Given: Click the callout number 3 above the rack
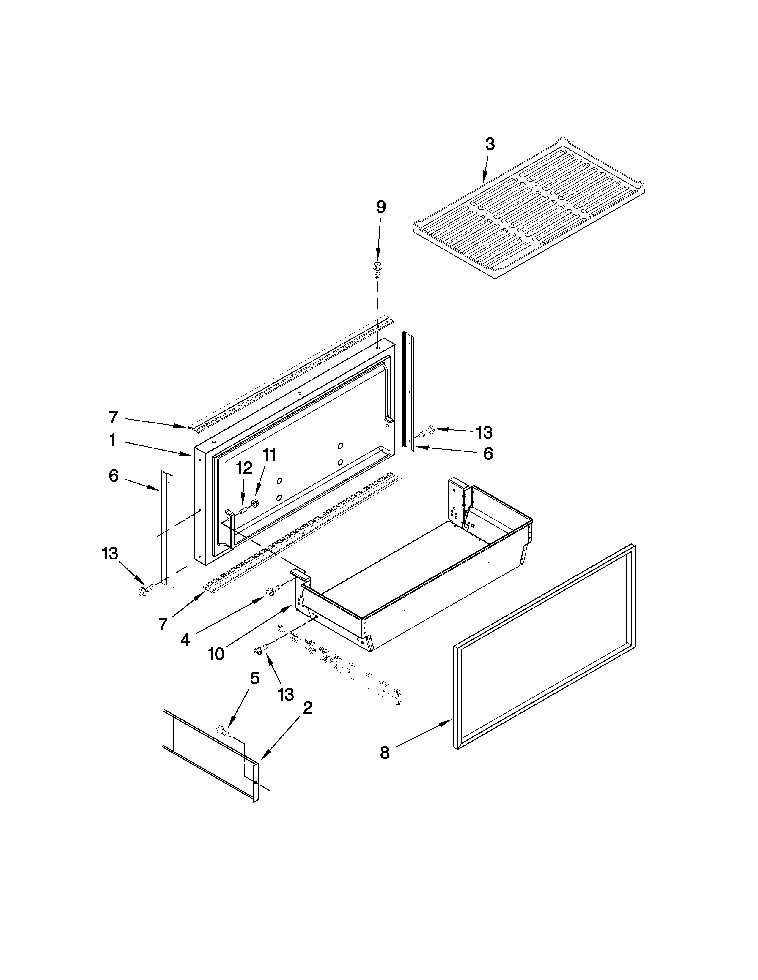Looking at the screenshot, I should (x=490, y=145).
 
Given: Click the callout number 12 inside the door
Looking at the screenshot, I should (x=244, y=468).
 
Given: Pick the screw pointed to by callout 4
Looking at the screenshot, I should (x=272, y=592).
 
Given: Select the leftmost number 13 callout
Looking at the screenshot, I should (x=110, y=553).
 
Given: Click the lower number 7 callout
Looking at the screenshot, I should (x=163, y=624).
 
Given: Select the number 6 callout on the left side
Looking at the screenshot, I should (x=114, y=476).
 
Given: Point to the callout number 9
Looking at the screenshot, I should (x=381, y=207).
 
